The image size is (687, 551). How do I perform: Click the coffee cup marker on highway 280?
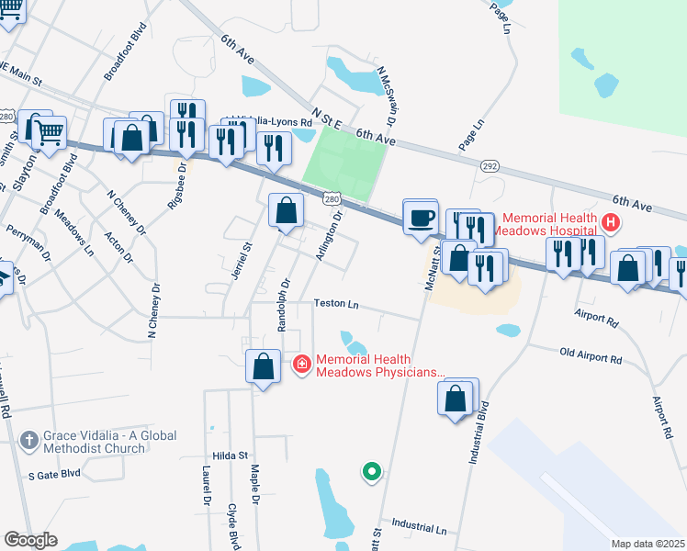(x=422, y=218)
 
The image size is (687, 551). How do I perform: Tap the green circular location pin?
(x=371, y=472)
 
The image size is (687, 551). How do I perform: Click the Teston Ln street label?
(x=335, y=303)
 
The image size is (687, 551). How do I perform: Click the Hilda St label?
(x=231, y=455)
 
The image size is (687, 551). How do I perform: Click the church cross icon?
(x=30, y=441)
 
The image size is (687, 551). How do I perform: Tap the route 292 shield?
(x=489, y=166)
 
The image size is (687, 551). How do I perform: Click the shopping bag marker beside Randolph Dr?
(x=264, y=366)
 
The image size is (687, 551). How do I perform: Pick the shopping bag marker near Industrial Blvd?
(x=456, y=399)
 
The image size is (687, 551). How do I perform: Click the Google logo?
(x=30, y=540)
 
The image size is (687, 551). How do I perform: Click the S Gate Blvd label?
(x=54, y=475)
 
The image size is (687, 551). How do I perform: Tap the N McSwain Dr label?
(x=387, y=96)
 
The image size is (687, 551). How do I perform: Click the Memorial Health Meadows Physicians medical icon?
(x=301, y=365)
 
